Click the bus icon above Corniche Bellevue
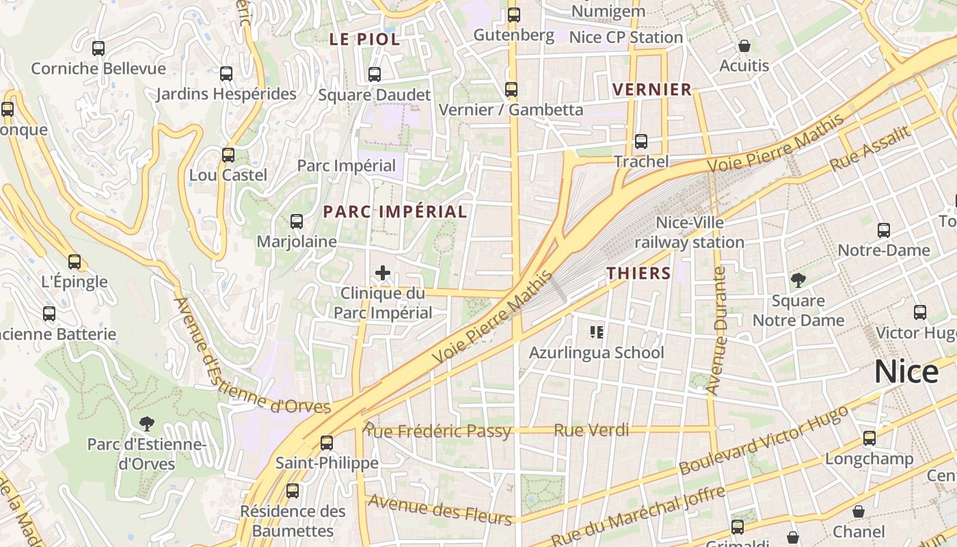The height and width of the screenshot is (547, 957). pos(98,49)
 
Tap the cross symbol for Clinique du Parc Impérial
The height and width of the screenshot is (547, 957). pos(383,273)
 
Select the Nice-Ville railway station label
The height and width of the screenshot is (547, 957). pos(689,232)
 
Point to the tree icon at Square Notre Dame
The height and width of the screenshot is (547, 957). pos(798,280)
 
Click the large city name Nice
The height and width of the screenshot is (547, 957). pos(906,372)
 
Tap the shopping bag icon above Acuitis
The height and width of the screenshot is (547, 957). pos(744,46)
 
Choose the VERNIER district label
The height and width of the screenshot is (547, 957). pos(652,90)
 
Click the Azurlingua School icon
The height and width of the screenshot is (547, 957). pos(596,332)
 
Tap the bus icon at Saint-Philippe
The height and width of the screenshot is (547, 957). pos(327,442)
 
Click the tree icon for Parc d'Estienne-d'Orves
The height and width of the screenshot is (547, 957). pos(146,424)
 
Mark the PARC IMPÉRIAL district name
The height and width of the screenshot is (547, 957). pos(395,212)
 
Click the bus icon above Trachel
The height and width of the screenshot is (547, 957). pos(641,142)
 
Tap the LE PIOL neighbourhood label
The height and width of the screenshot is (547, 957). pos(364,40)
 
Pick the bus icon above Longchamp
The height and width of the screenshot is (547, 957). pos(869,438)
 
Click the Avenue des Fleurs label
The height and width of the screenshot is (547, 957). pos(440,509)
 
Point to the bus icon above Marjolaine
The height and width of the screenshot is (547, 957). pos(296,222)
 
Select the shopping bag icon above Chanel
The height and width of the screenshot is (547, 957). pos(859,511)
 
